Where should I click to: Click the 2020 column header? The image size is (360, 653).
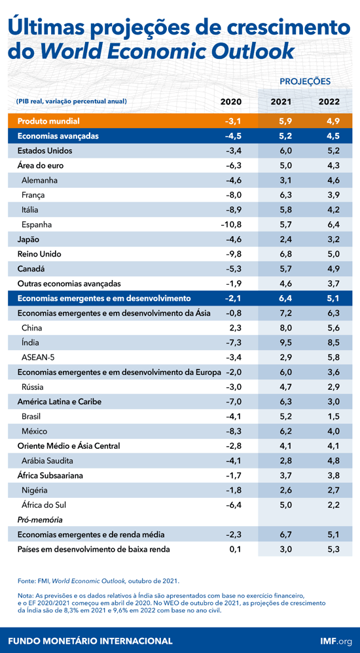[x=230, y=101]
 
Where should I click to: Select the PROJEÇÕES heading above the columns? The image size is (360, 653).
[x=305, y=81]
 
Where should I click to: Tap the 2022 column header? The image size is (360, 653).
[x=329, y=101]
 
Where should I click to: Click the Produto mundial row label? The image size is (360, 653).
[x=48, y=121]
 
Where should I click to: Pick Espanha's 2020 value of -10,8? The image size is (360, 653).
[x=230, y=224]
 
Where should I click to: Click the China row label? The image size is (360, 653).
[x=33, y=328]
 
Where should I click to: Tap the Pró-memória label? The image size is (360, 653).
[x=40, y=520]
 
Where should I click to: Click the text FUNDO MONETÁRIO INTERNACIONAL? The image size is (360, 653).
[x=90, y=641]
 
